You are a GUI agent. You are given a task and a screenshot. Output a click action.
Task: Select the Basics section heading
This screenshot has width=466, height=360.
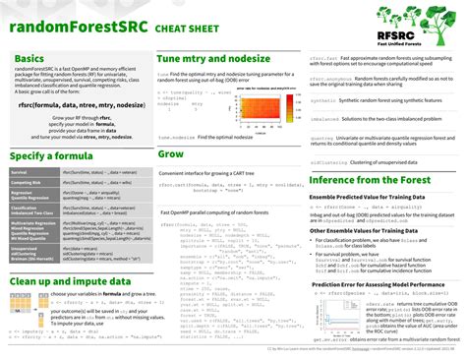click(x=29, y=60)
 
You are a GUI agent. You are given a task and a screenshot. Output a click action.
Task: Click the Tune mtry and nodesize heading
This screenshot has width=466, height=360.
click(x=214, y=60)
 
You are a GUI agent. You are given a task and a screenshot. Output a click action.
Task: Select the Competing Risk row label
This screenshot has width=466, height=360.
click(x=26, y=183)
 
